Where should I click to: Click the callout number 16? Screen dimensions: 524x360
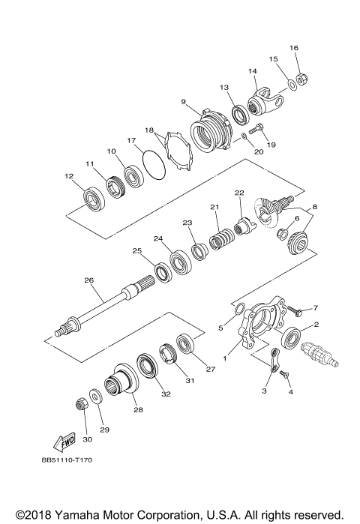294,48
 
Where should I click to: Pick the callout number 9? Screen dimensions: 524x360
183,101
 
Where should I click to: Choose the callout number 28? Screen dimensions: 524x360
138,409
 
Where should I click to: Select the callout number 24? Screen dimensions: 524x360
158,239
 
